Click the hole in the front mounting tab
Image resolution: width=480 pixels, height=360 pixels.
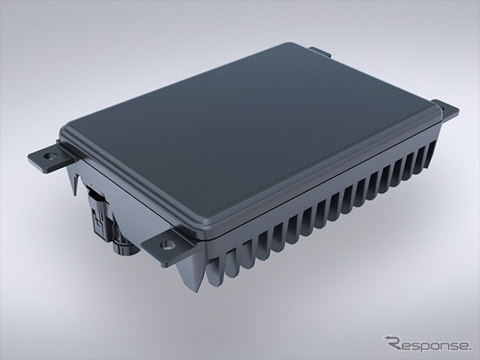click(x=166, y=244)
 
